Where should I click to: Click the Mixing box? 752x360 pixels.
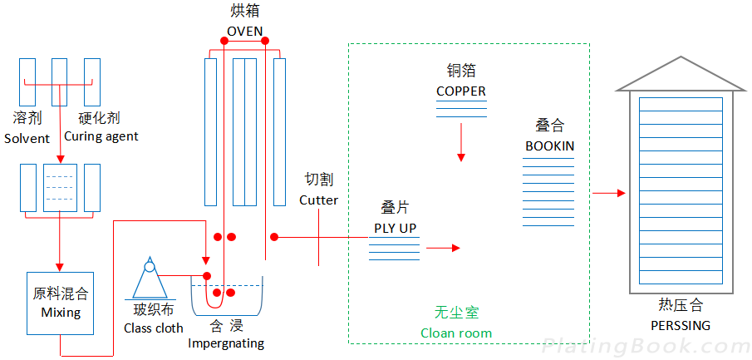(61, 303)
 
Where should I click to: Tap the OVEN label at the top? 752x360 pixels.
(245, 32)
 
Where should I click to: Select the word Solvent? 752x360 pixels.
(27, 138)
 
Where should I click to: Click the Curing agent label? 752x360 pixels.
(101, 136)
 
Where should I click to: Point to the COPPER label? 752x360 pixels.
(461, 91)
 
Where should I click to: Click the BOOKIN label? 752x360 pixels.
(549, 146)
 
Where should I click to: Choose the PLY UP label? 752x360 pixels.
(395, 228)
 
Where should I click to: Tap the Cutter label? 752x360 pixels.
(318, 200)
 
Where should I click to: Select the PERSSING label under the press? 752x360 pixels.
(680, 325)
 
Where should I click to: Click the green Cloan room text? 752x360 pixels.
(456, 333)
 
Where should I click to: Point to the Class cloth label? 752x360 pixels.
(154, 328)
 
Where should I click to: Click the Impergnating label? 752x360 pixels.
(226, 343)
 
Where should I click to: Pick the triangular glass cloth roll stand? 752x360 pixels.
(150, 279)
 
